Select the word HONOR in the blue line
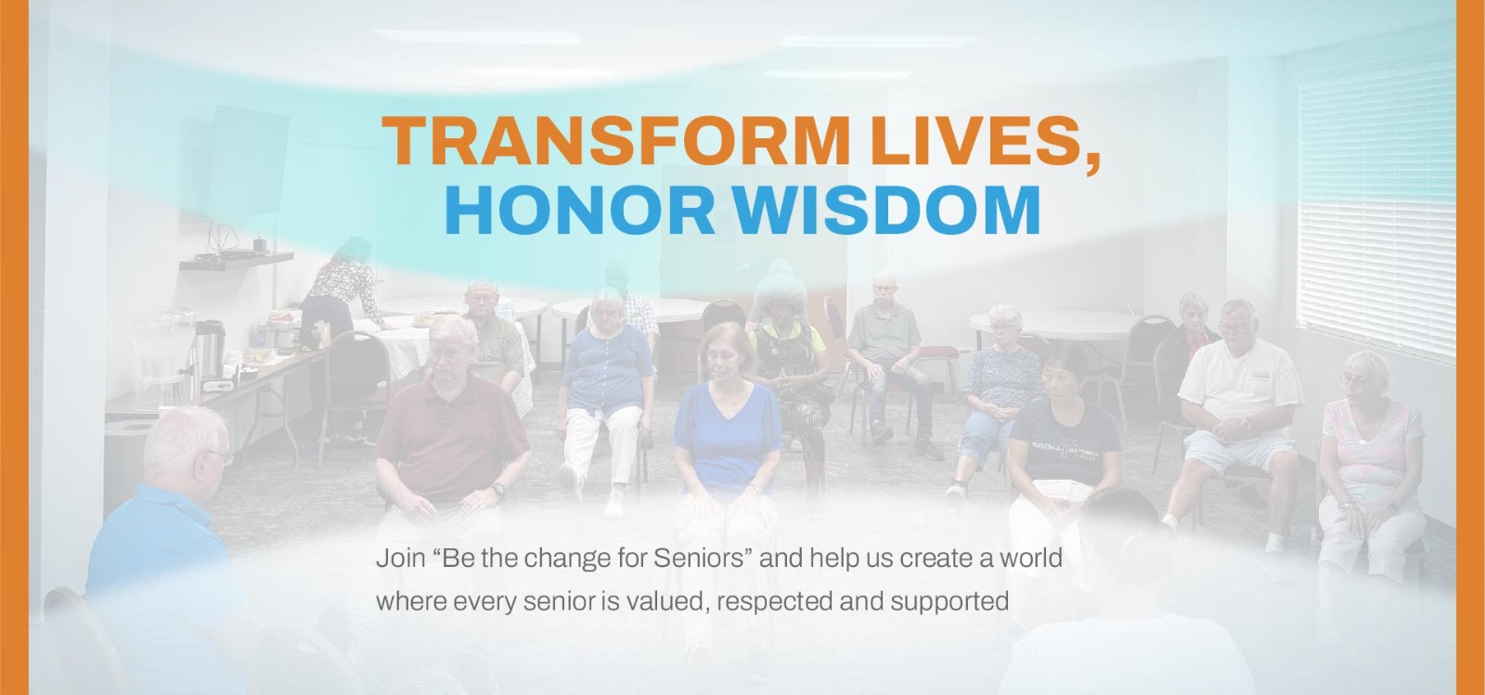(579, 210)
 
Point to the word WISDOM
(886, 210)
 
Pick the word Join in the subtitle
(400, 559)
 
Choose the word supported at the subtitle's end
(949, 601)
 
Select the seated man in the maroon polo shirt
(451, 424)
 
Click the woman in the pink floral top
(1368, 464)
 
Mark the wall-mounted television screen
(248, 161)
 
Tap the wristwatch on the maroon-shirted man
(498, 491)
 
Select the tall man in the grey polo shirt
(888, 365)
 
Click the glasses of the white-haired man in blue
(221, 457)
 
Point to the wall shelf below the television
(236, 261)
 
